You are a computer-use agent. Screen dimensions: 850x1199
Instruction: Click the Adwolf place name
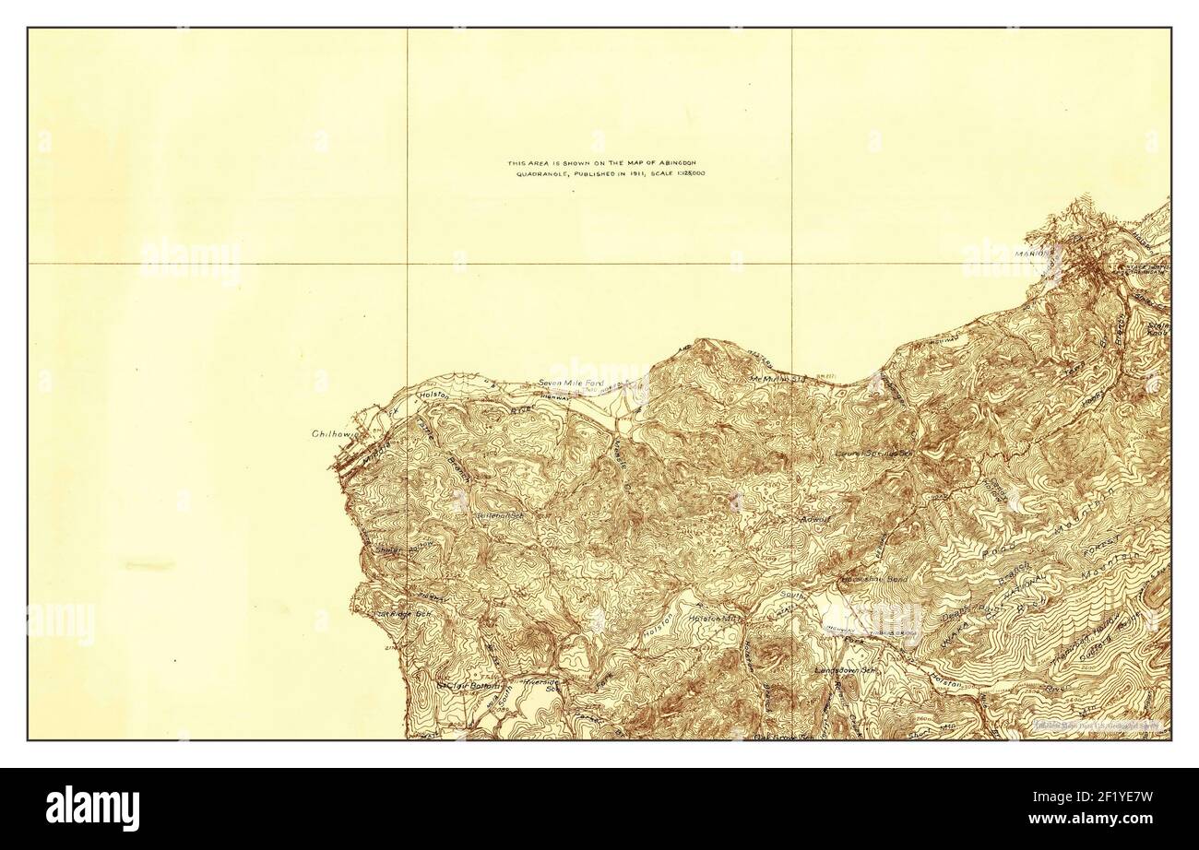pyautogui.click(x=817, y=519)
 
